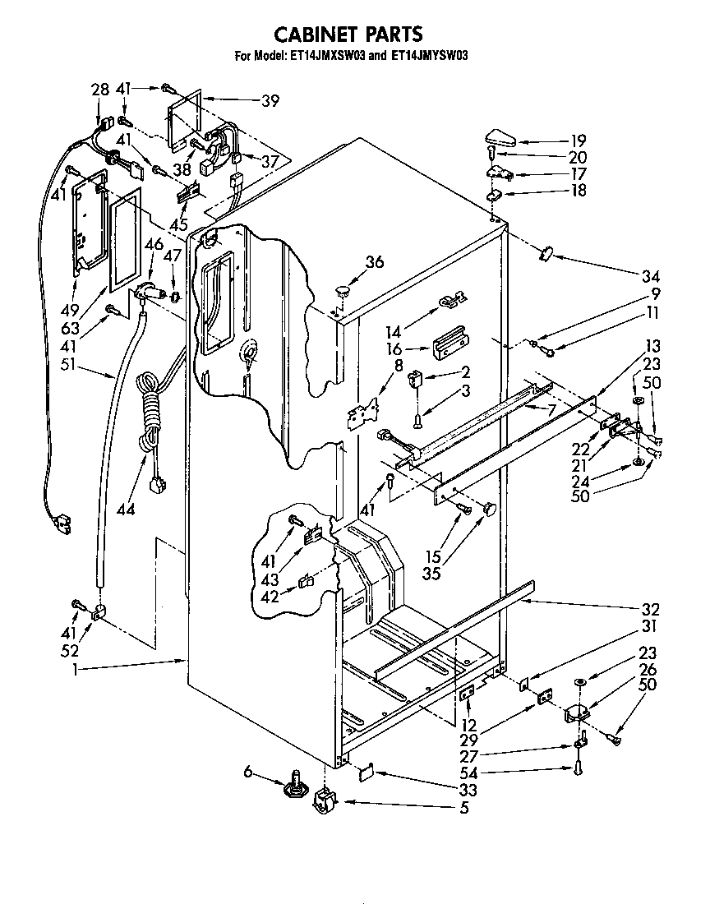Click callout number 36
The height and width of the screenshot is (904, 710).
tap(374, 262)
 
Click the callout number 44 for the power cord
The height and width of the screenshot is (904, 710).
tap(125, 510)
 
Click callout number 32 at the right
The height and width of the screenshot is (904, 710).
tap(651, 610)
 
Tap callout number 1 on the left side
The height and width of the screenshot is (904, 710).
tap(75, 671)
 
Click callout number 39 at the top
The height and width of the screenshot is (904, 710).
tap(270, 102)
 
